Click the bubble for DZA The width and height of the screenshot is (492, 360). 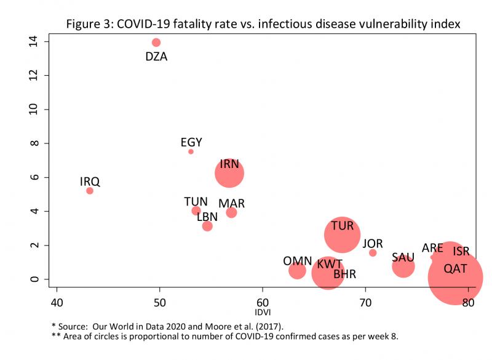coord(156,42)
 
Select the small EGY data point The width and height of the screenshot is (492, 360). coord(191,151)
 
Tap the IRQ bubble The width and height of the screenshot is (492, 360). coord(90,191)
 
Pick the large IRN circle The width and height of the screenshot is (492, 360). coord(229,173)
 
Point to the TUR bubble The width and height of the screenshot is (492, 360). coord(342,234)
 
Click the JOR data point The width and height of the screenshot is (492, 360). coord(373,253)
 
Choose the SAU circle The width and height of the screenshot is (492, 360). coord(403,266)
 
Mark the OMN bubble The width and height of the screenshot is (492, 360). coord(297,270)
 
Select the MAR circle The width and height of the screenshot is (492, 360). coord(231,212)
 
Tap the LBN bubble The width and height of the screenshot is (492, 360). coord(207,226)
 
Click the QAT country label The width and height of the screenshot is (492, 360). coord(455,268)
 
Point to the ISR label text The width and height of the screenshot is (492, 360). coord(461,251)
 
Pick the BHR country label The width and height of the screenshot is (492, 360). coord(345,274)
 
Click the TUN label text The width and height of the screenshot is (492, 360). coord(196,202)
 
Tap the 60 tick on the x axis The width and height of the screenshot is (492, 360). coord(263,303)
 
